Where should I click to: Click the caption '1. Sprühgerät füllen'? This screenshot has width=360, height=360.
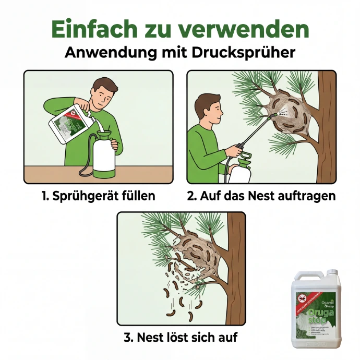[x=98, y=196]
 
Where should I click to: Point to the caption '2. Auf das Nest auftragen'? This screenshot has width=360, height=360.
[x=261, y=196]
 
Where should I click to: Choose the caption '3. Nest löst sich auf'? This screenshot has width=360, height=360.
[x=181, y=337]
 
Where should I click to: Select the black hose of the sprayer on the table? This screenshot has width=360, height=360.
[x=83, y=159]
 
